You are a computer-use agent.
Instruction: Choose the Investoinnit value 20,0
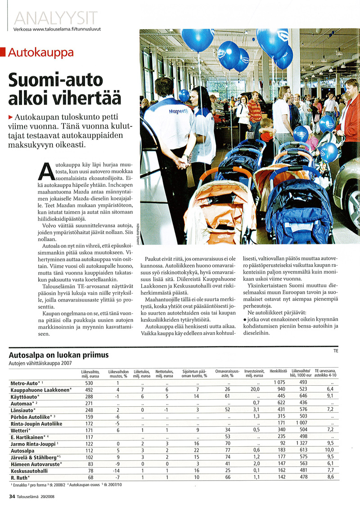pos(255,389)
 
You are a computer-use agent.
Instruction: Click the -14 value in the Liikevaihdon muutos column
pos(117,471)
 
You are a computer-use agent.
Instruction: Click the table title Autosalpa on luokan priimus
pos(58,356)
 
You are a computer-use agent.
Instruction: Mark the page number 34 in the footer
pos(12,497)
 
